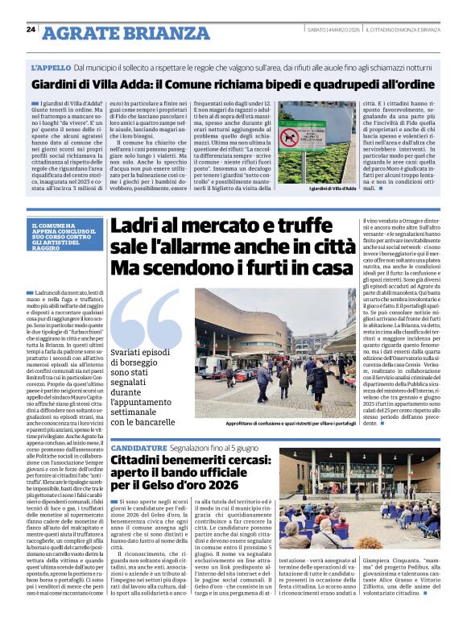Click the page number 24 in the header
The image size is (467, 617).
pyautogui.click(x=31, y=30)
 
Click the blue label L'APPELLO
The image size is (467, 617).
pyautogui.click(x=50, y=70)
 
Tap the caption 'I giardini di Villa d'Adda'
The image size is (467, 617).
pyautogui.click(x=332, y=188)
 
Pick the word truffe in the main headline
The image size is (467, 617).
pyautogui.click(x=300, y=227)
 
